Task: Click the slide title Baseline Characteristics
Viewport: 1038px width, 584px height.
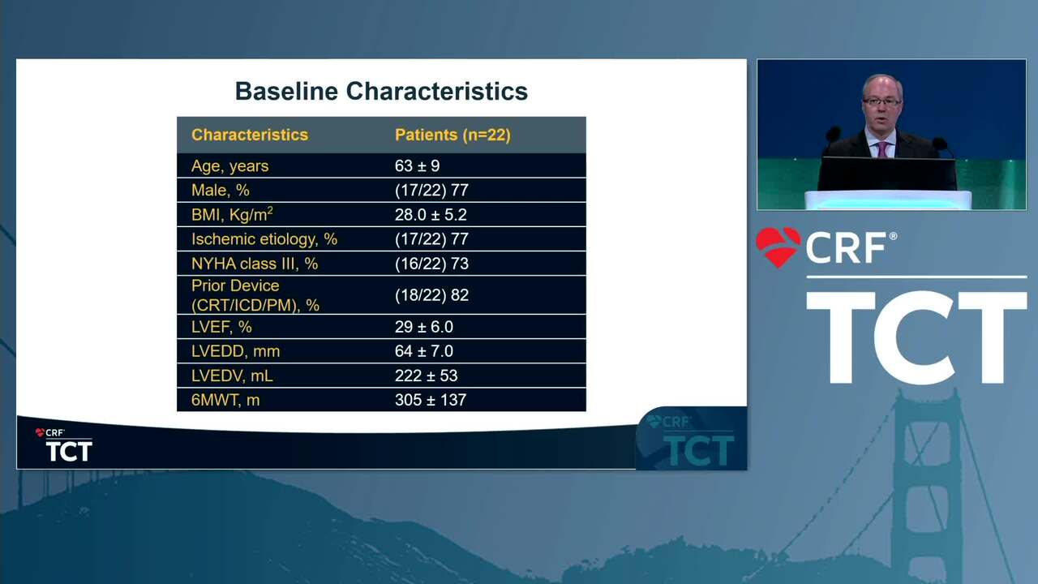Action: click(x=381, y=91)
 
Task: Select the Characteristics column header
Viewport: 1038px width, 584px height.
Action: click(x=250, y=135)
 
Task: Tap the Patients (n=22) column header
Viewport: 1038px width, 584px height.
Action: click(x=453, y=135)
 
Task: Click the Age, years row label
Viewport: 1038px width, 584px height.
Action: click(x=229, y=166)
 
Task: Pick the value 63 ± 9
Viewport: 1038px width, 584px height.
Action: click(x=417, y=166)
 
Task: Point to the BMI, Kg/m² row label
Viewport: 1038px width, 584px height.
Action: click(x=232, y=215)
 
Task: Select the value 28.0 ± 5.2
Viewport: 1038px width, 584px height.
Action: click(x=431, y=215)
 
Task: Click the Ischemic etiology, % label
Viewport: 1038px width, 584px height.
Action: click(x=264, y=239)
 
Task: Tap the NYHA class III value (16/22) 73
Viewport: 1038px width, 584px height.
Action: click(x=431, y=264)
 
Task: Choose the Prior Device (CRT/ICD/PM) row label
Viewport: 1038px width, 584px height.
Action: click(x=255, y=295)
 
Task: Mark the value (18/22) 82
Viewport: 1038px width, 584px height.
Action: click(x=431, y=295)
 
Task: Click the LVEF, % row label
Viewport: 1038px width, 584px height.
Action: click(x=221, y=327)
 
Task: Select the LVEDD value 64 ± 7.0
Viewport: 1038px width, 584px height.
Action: click(x=423, y=351)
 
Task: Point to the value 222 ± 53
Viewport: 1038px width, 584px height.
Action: click(x=426, y=376)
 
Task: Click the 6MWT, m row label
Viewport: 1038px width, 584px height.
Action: click(x=225, y=400)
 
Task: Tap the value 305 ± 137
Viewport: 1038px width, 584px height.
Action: click(x=431, y=400)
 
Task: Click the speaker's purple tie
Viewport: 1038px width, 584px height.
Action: click(x=882, y=150)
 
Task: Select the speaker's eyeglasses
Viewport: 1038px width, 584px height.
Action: click(x=881, y=102)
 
